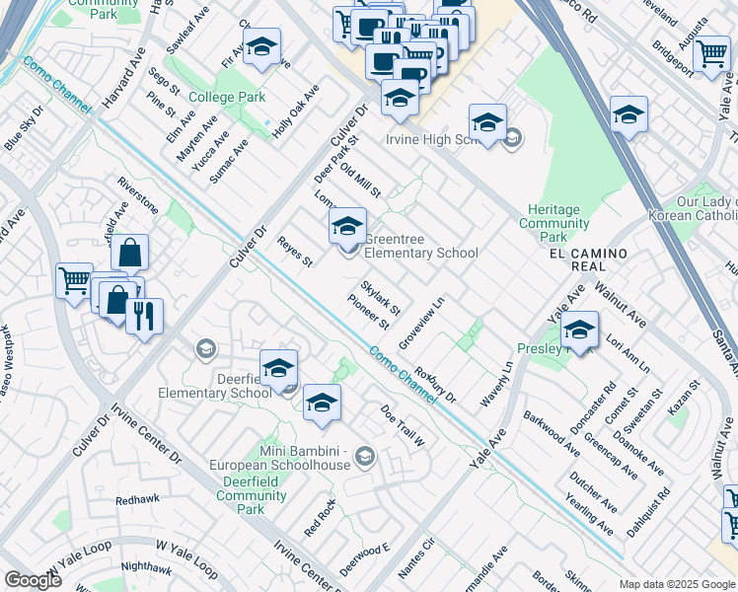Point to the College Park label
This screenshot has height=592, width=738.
(x=227, y=98)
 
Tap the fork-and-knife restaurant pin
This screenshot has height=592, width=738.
(x=145, y=317)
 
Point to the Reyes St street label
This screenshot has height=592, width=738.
(x=294, y=252)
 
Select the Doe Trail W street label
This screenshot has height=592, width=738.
(x=403, y=425)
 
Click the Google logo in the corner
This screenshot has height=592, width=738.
(x=33, y=580)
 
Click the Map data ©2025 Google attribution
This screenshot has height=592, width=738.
(x=676, y=584)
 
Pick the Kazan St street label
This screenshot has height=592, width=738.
(x=683, y=396)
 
